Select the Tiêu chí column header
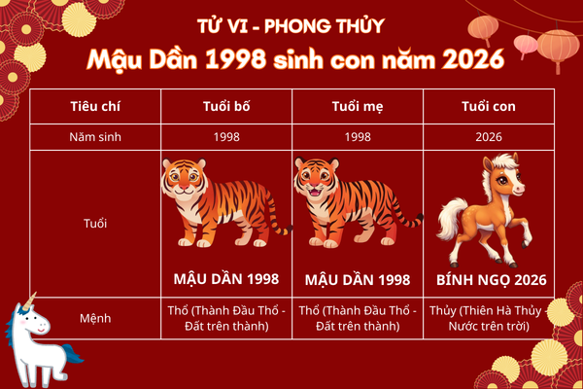click(95, 105)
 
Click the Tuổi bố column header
click(226, 105)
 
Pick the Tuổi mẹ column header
click(358, 105)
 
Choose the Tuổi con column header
click(489, 105)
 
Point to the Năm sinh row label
click(95, 137)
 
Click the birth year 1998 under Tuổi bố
click(226, 137)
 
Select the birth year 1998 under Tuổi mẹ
click(358, 137)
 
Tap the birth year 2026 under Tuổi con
click(489, 137)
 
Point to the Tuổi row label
click(95, 223)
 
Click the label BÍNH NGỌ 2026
click(489, 280)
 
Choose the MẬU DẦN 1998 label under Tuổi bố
click(226, 280)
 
